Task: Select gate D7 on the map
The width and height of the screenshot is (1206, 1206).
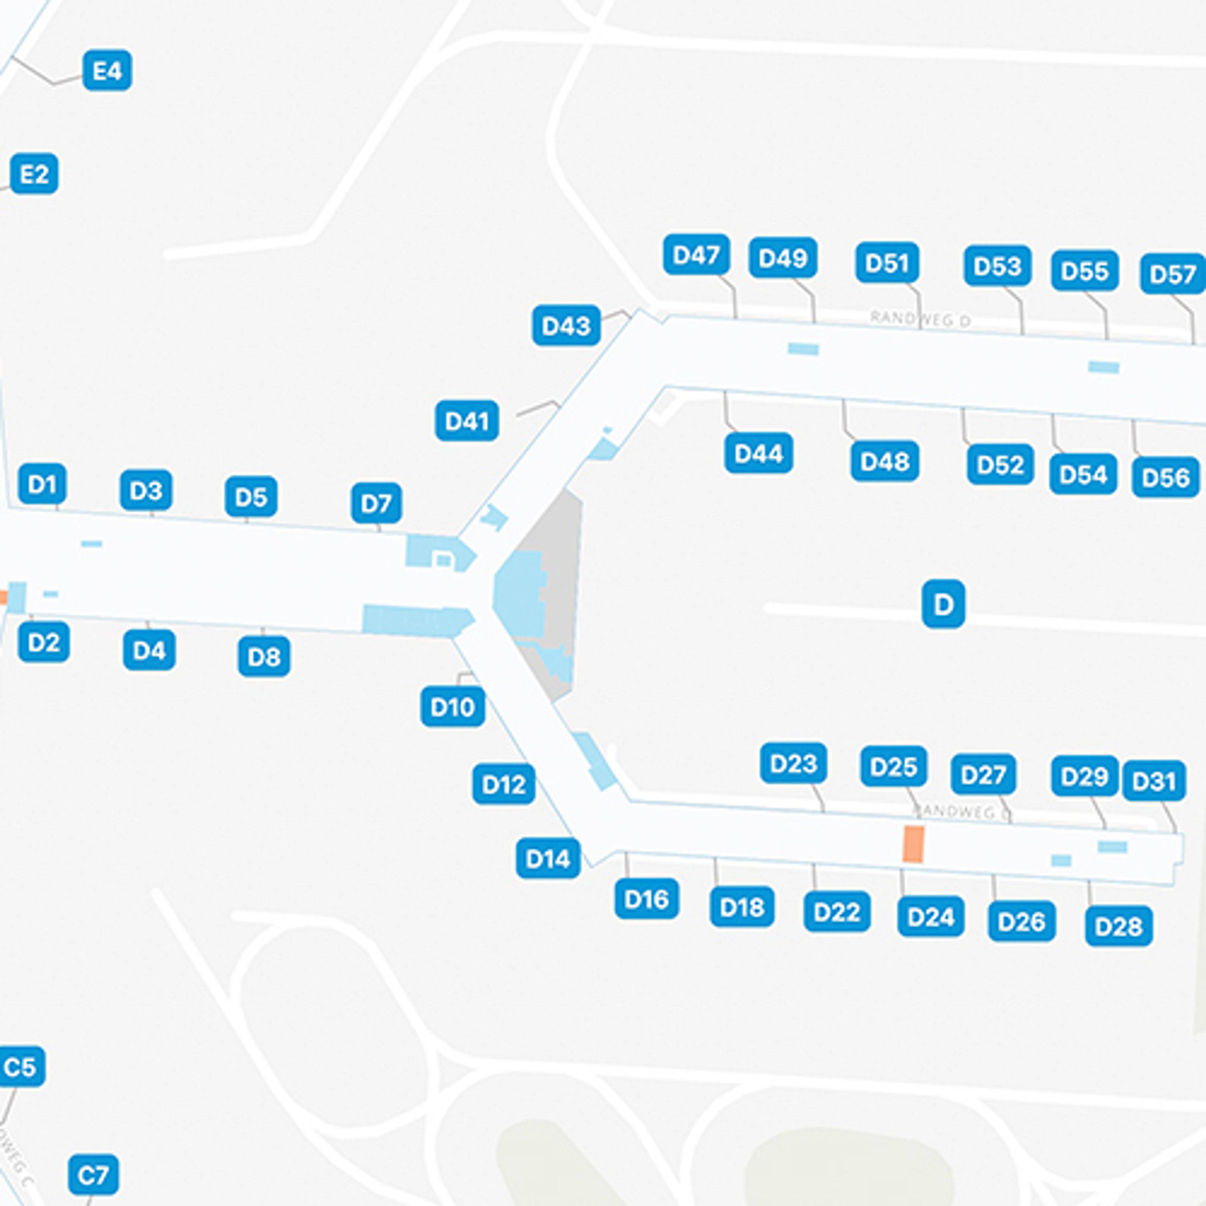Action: (x=377, y=503)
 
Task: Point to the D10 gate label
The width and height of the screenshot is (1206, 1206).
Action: (x=453, y=707)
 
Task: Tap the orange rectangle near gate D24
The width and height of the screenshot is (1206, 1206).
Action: (x=913, y=844)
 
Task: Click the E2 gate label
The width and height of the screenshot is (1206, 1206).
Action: (x=34, y=174)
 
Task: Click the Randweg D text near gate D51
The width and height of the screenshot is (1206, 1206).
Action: (x=920, y=319)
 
